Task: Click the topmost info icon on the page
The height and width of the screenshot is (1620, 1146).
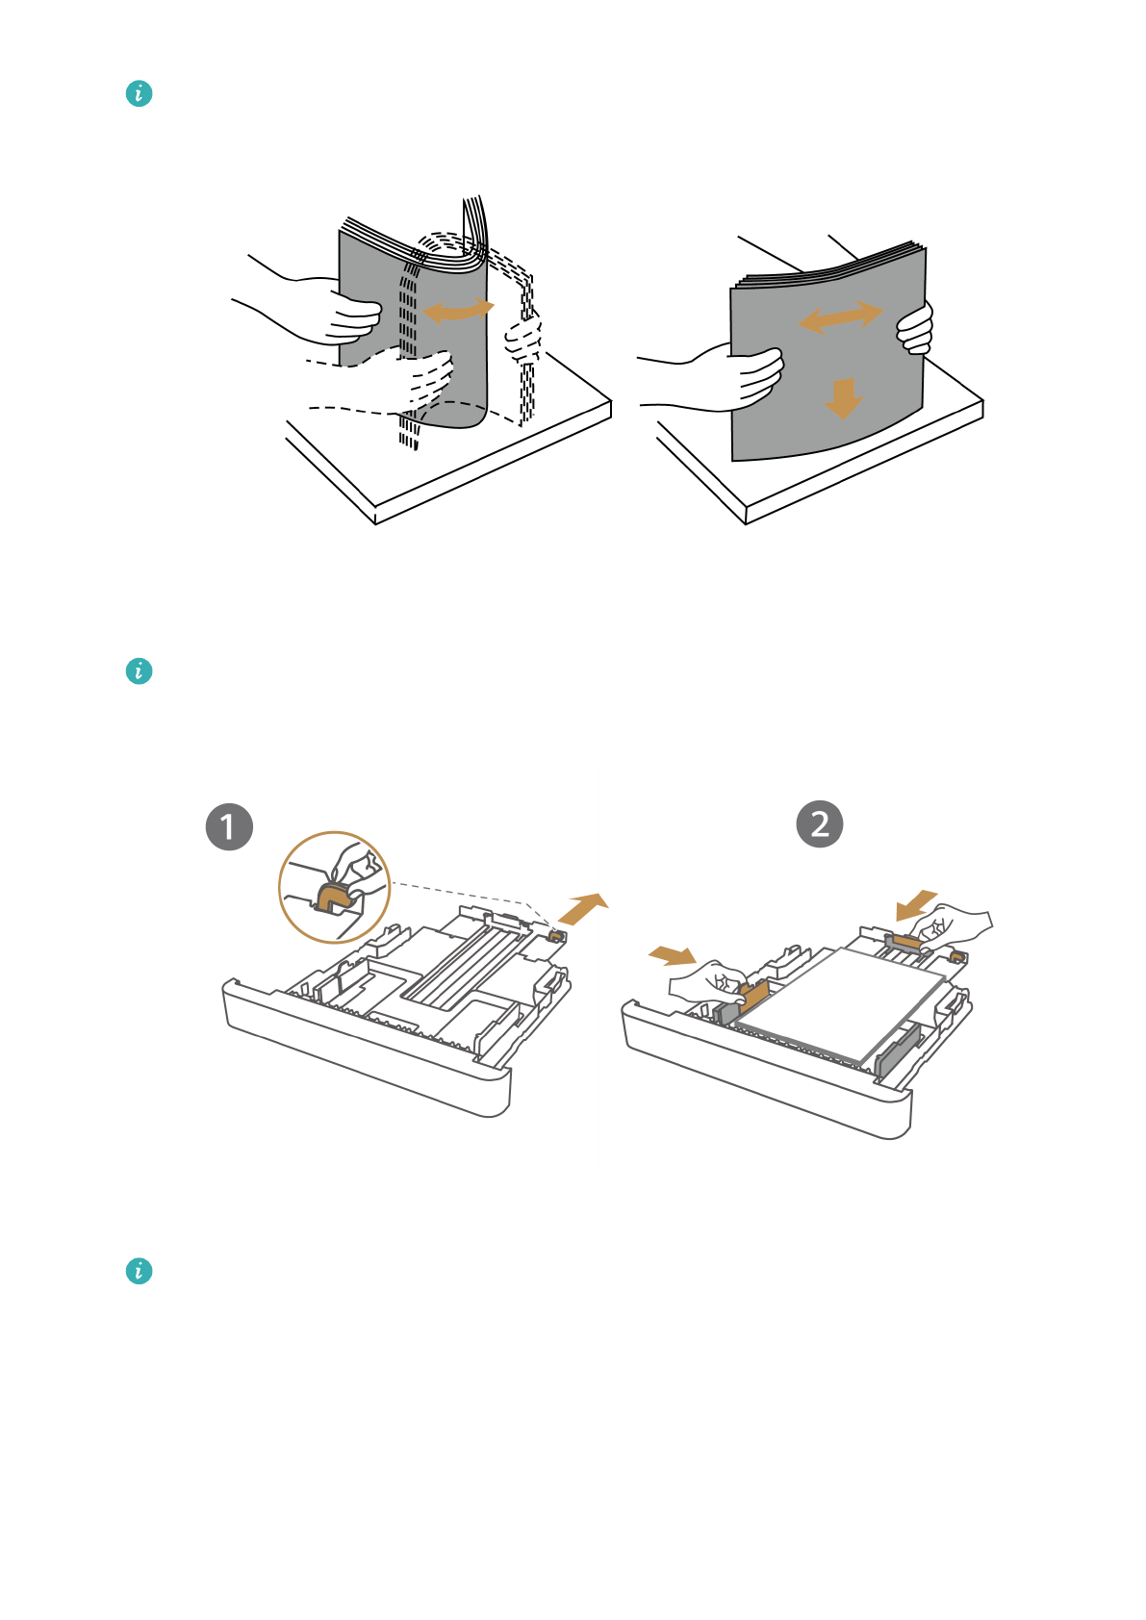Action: click(x=139, y=93)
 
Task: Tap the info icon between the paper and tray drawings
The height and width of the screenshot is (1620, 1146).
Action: click(x=139, y=671)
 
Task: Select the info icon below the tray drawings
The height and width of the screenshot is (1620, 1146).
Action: click(x=139, y=1271)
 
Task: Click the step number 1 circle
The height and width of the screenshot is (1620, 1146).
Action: click(x=229, y=827)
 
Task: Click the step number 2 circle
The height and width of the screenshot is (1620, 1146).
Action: click(x=820, y=824)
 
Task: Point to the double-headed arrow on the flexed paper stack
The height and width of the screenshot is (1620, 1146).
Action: click(x=458, y=310)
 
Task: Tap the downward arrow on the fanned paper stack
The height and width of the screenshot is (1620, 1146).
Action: click(x=843, y=397)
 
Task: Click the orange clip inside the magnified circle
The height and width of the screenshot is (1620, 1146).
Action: click(x=335, y=897)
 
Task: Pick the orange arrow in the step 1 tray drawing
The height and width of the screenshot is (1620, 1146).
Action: click(x=583, y=907)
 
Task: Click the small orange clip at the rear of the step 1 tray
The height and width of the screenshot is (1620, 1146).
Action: click(x=555, y=935)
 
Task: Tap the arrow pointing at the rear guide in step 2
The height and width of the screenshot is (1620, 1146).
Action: click(x=916, y=904)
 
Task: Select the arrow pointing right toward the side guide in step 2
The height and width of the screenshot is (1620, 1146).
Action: click(x=673, y=954)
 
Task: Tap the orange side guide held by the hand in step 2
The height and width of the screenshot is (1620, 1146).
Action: click(x=754, y=994)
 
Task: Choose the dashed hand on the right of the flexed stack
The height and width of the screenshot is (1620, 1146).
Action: click(x=524, y=337)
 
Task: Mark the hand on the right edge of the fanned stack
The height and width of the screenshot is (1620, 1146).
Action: click(x=916, y=328)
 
